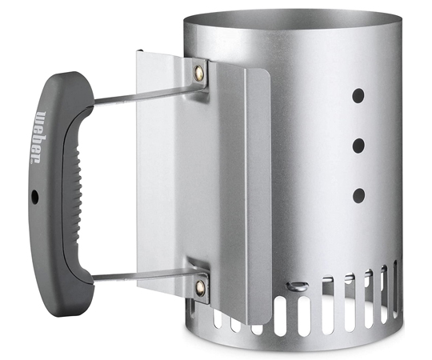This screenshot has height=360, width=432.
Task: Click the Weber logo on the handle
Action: coord(38,138)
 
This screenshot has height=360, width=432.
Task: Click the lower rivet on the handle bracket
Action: coord(200,288)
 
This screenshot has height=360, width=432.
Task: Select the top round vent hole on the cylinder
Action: coord(358,96)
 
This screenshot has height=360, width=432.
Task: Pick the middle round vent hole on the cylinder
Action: coord(358,146)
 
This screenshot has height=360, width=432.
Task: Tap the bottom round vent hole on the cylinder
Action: coord(358,195)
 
